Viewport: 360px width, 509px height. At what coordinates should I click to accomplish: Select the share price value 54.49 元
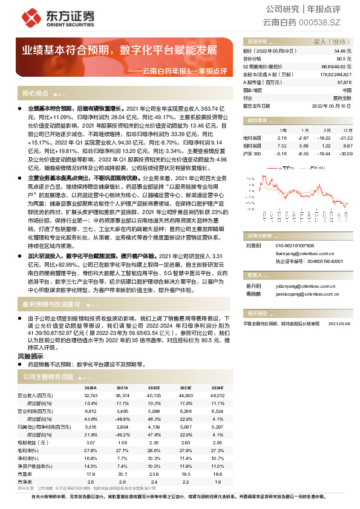(343, 51)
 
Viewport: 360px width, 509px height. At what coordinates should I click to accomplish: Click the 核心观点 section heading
(35, 94)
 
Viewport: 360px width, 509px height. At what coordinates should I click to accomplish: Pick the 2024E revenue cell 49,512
(217, 395)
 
